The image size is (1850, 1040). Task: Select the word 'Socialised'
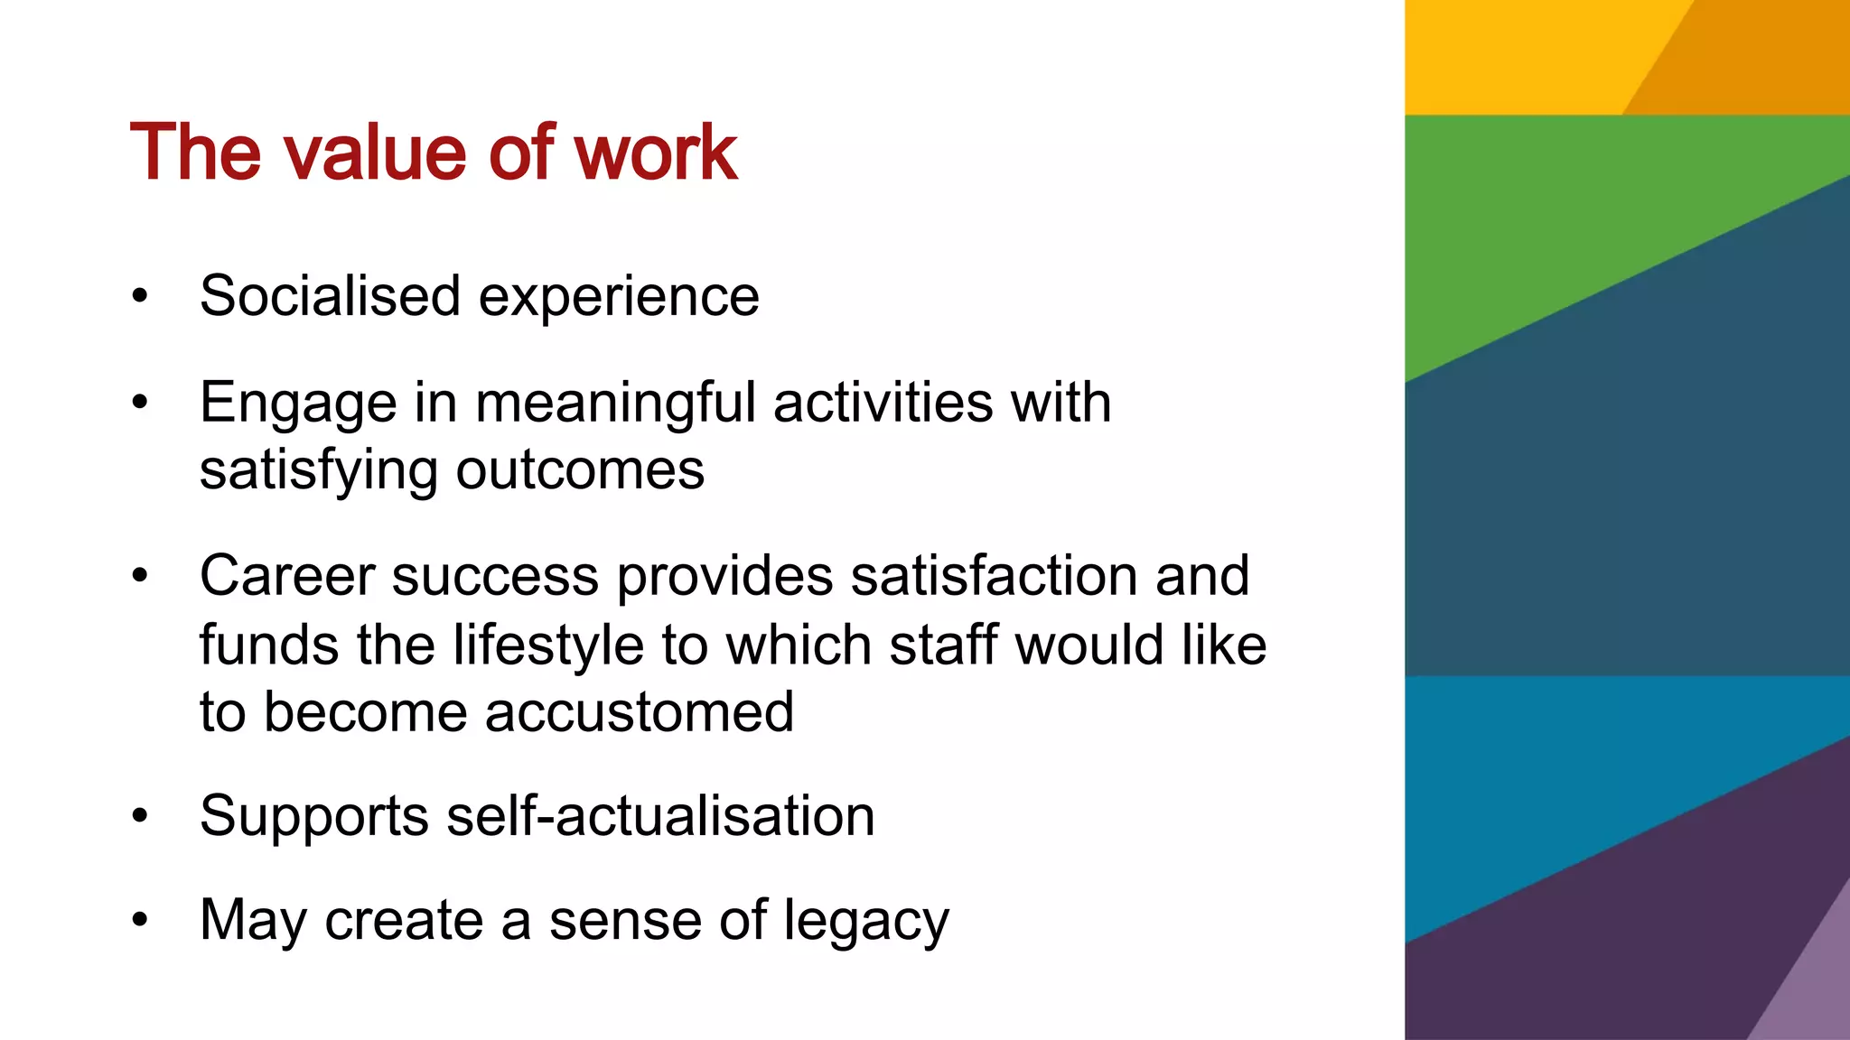click(330, 296)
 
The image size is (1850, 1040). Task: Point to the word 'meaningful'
click(615, 403)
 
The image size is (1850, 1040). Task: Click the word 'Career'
click(286, 576)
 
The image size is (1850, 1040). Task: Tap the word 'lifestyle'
click(547, 645)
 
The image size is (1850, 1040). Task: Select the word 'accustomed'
click(640, 712)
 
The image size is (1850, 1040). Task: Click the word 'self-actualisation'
click(660, 816)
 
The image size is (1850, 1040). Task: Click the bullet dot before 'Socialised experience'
click(139, 296)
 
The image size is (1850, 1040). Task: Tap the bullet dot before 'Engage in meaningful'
click(139, 403)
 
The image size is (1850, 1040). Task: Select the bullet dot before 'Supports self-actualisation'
click(139, 816)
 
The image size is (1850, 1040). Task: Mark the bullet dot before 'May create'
click(139, 921)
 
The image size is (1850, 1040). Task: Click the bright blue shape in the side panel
click(1536, 794)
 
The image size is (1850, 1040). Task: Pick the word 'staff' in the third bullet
click(943, 645)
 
